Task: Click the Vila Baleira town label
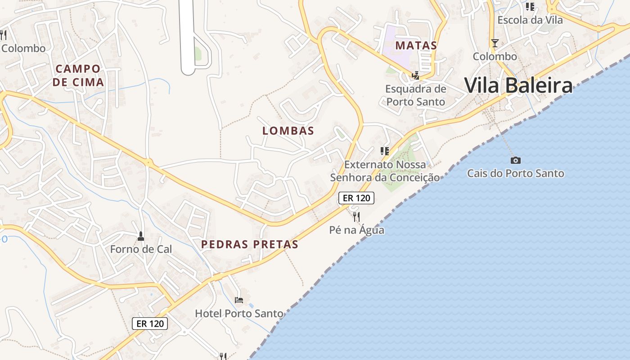point(518,85)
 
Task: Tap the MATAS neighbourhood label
point(416,45)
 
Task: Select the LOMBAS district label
point(288,131)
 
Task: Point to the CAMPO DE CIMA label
point(78,76)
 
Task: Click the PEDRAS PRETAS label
point(250,244)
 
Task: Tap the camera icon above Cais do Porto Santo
point(516,160)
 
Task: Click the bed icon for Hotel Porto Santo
point(239,300)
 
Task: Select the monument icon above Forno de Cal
point(141,236)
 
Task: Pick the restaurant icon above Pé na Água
point(356,217)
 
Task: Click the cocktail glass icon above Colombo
point(495,43)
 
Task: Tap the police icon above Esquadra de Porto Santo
point(416,76)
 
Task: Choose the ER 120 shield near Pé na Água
point(356,198)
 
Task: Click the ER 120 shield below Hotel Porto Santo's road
point(150,323)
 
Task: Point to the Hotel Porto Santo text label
point(239,314)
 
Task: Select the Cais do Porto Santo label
point(515,173)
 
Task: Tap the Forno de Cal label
point(141,249)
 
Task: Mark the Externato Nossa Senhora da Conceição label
point(385,171)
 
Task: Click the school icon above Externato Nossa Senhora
point(385,151)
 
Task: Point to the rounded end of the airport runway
point(188,70)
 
